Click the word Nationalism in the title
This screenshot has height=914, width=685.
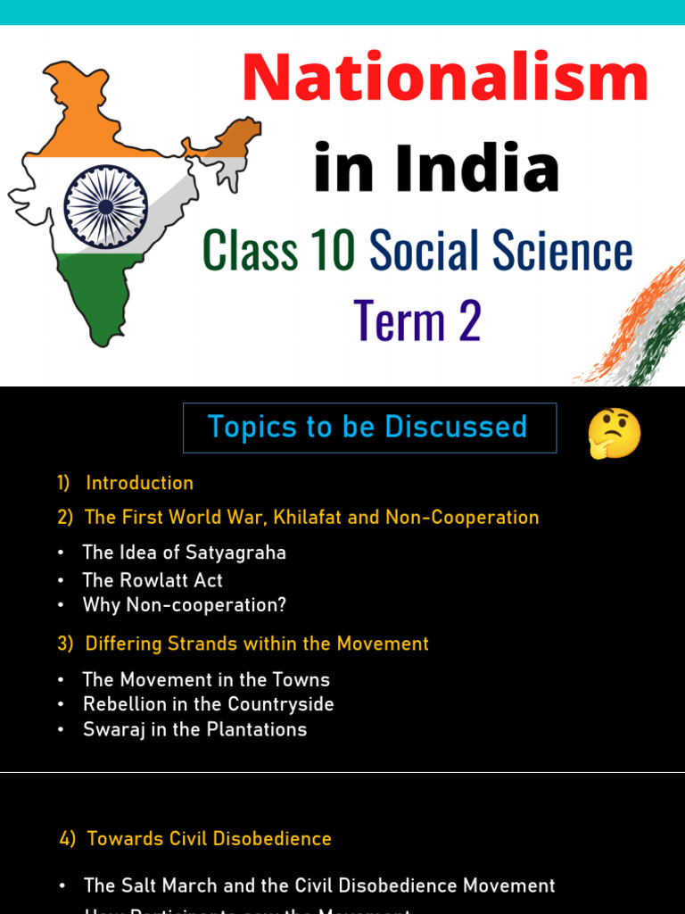[444, 79]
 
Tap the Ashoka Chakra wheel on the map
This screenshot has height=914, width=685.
[106, 206]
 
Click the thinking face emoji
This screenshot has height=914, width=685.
[615, 433]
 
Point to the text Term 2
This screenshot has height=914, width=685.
[417, 320]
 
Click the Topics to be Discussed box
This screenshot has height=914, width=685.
[369, 428]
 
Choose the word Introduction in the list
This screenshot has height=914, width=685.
[139, 483]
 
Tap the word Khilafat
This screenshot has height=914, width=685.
[316, 518]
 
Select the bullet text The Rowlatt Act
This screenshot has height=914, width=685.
[153, 580]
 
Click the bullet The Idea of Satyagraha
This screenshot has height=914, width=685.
[184, 553]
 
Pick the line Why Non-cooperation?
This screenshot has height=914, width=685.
[184, 605]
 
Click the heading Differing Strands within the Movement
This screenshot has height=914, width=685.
[256, 644]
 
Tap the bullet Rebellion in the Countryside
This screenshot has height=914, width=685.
[208, 704]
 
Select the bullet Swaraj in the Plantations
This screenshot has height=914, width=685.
[194, 729]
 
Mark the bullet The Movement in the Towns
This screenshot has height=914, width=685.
[206, 679]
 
